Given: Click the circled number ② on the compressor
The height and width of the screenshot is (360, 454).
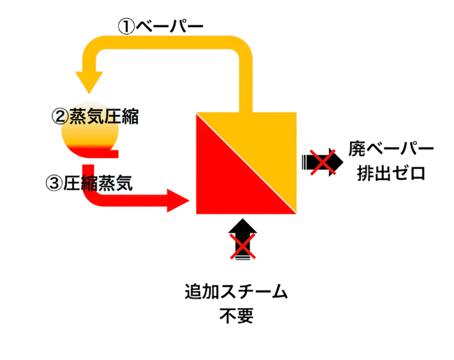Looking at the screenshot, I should click(59, 116).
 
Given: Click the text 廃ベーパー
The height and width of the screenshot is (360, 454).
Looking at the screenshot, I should click(392, 149).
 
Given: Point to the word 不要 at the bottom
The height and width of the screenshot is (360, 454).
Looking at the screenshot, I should click(237, 316).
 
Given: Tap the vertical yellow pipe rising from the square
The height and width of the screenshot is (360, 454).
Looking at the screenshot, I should click(245, 82).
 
